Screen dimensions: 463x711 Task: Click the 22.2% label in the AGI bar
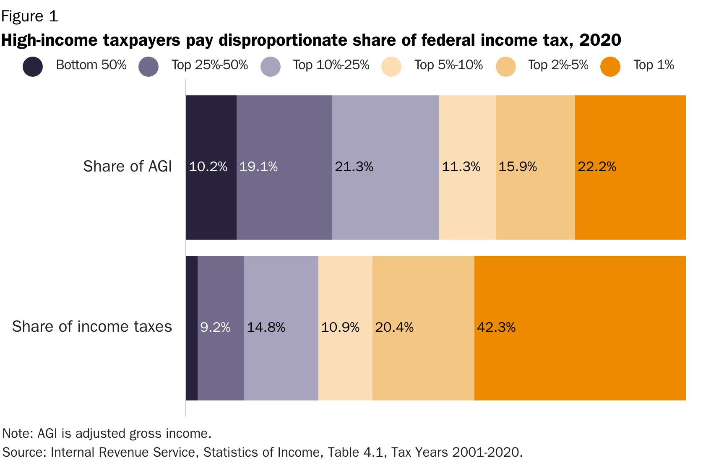pyautogui.click(x=596, y=167)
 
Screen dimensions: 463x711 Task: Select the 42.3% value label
pyautogui.click(x=496, y=327)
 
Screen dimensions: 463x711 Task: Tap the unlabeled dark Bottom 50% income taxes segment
pyautogui.click(x=192, y=328)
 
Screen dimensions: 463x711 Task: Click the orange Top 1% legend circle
pyautogui.click(x=610, y=67)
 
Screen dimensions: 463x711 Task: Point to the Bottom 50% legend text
pyautogui.click(x=91, y=65)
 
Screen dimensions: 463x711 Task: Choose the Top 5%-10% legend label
pyautogui.click(x=448, y=65)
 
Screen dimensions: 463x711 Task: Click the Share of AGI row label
pyautogui.click(x=128, y=166)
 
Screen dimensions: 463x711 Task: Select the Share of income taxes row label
pyautogui.click(x=92, y=327)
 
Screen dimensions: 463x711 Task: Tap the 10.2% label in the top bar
pyautogui.click(x=208, y=167)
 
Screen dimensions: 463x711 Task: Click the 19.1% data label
pyautogui.click(x=258, y=167)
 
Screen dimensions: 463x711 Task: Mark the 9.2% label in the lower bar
pyautogui.click(x=215, y=327)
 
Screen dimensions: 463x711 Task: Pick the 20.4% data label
pyautogui.click(x=394, y=327)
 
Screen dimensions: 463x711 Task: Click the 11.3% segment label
pyautogui.click(x=461, y=167)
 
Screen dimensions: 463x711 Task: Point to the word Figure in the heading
pyautogui.click(x=22, y=16)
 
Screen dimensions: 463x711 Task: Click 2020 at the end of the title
pyautogui.click(x=600, y=40)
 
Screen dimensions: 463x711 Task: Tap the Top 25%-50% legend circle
pyautogui.click(x=148, y=67)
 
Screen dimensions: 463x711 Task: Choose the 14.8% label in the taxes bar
pyautogui.click(x=266, y=327)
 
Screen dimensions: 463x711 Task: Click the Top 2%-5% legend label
pyautogui.click(x=557, y=65)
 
